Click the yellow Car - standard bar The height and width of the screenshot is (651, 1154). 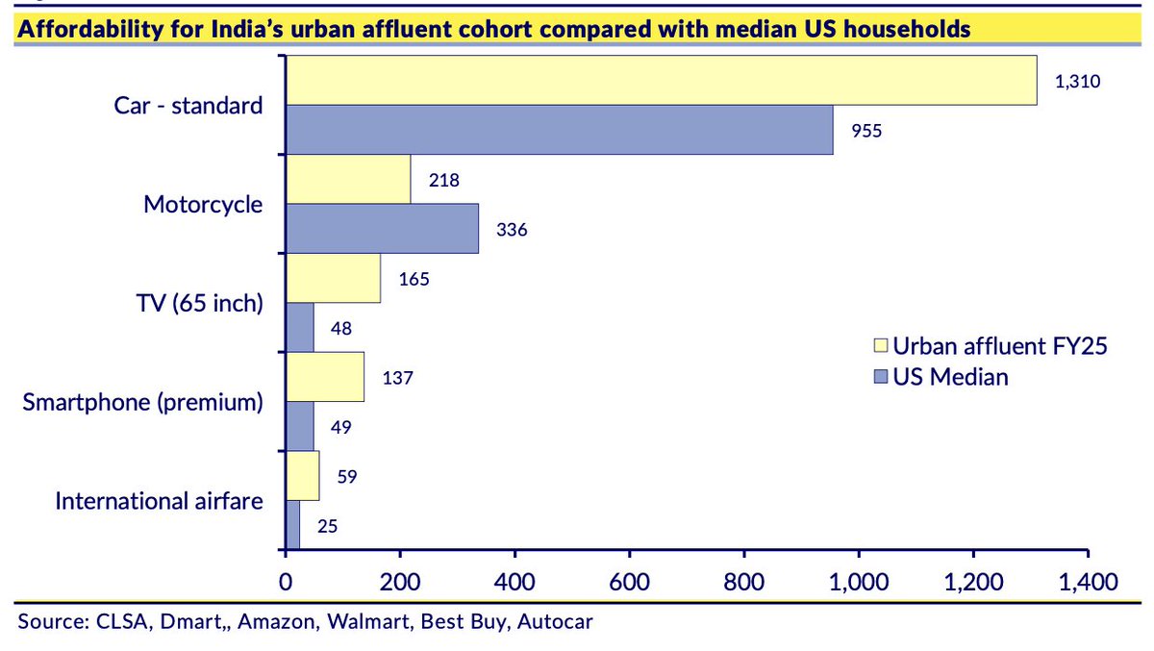pyautogui.click(x=662, y=80)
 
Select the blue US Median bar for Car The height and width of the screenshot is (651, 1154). pyautogui.click(x=560, y=129)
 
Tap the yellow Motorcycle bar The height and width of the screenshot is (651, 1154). pyautogui.click(x=348, y=179)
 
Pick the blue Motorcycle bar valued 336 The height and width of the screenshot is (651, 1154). pyautogui.click(x=383, y=229)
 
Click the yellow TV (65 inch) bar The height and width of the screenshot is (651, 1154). pyautogui.click(x=333, y=278)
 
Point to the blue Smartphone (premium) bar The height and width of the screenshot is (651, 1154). pyautogui.click(x=300, y=425)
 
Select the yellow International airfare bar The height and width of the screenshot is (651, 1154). pyautogui.click(x=303, y=475)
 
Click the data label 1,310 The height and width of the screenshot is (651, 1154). pyautogui.click(x=1076, y=82)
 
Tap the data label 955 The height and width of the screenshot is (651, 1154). pyautogui.click(x=865, y=131)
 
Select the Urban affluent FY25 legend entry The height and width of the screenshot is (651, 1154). pyautogui.click(x=991, y=346)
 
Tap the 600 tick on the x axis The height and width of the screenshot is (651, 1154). pyautogui.click(x=629, y=582)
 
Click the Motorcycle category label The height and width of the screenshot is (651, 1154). pyautogui.click(x=202, y=204)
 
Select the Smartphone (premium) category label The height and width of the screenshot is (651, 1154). pyautogui.click(x=142, y=401)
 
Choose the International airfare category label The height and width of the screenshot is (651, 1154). pyautogui.click(x=159, y=500)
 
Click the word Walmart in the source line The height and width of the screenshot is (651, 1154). pyautogui.click(x=366, y=621)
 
